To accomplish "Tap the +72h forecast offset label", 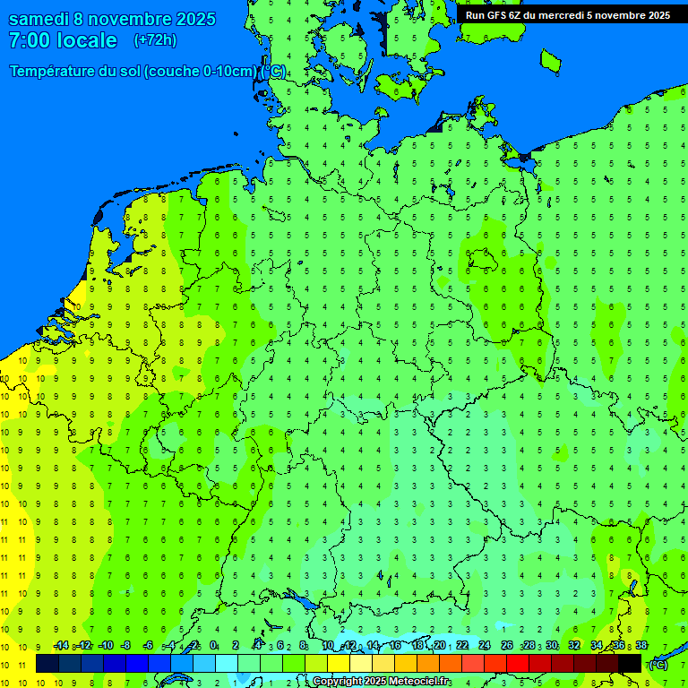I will [x=155, y=40].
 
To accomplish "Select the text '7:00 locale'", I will [x=63, y=40].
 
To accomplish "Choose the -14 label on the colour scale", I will [x=61, y=646].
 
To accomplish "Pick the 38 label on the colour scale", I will [x=641, y=646].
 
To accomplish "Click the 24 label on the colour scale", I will [x=485, y=646].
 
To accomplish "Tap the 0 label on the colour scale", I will [x=213, y=646].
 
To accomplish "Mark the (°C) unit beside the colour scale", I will [x=658, y=664].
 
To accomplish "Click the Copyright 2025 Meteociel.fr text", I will [x=381, y=682].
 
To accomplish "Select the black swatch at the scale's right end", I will [x=630, y=663].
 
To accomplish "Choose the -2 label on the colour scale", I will [x=192, y=646].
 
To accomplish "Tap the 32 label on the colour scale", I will [x=573, y=646].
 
